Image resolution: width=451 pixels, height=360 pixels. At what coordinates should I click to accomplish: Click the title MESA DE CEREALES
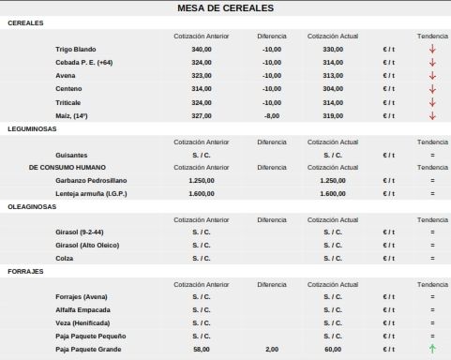click(x=225, y=8)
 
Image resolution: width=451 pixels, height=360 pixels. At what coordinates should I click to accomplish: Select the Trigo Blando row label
click(x=76, y=49)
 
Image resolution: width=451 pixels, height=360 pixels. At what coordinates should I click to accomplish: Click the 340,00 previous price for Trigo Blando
click(x=202, y=49)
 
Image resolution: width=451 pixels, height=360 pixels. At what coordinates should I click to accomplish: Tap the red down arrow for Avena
click(x=432, y=76)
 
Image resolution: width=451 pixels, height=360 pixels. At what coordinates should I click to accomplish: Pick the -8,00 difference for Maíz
click(x=272, y=115)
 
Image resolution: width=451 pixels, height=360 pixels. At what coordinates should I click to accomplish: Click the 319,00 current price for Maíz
click(x=333, y=115)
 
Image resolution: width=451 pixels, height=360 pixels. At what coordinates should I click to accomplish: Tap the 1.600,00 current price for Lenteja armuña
click(x=333, y=192)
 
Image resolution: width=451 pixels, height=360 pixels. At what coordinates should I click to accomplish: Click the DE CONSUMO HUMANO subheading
click(x=68, y=167)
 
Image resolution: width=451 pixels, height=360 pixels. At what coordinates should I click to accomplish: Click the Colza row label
click(x=65, y=258)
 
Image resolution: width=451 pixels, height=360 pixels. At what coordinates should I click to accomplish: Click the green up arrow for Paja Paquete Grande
click(x=432, y=349)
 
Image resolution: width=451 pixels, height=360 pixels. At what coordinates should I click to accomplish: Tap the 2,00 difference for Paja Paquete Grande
click(x=272, y=349)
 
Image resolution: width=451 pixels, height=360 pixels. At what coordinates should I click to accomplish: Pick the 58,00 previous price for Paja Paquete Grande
click(x=202, y=349)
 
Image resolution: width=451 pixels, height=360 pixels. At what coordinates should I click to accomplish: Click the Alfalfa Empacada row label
click(x=83, y=309)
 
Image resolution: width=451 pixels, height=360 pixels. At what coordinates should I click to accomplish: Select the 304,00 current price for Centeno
click(x=333, y=89)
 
